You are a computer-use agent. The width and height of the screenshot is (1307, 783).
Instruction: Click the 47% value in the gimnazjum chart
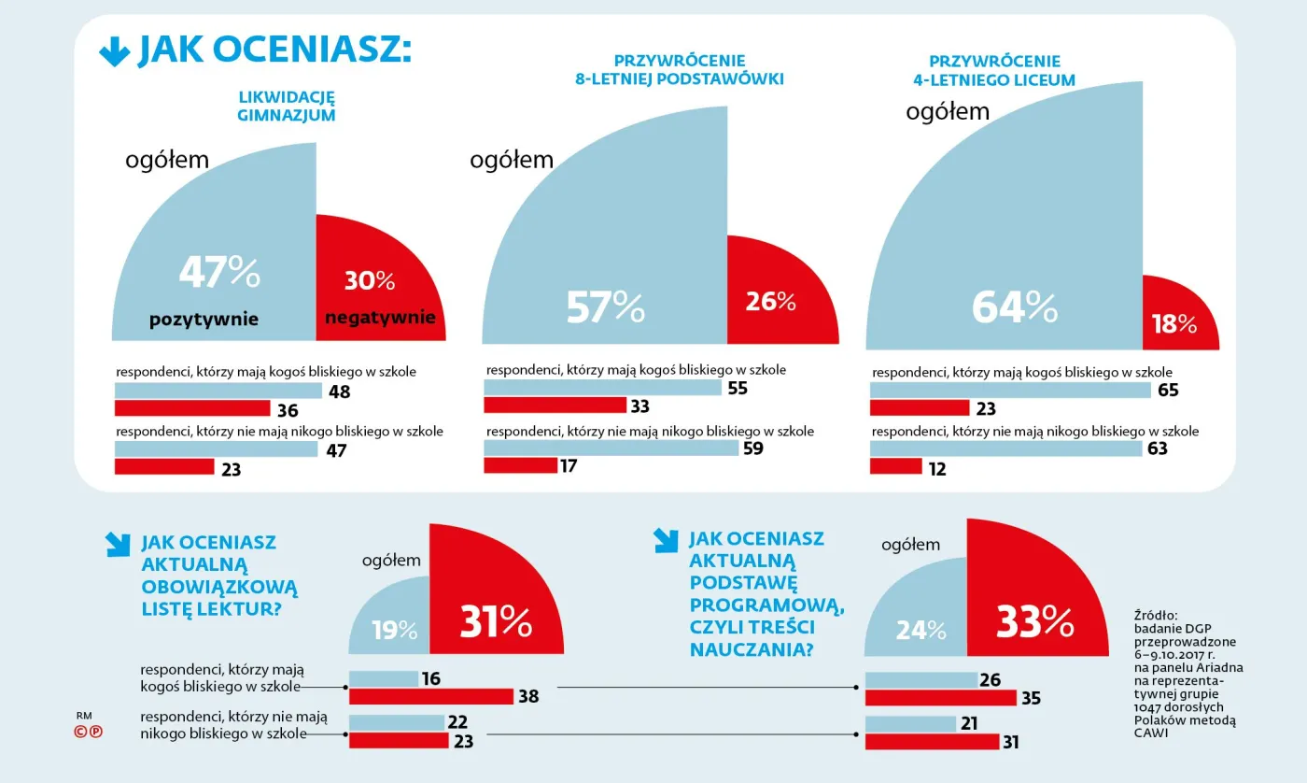[219, 273]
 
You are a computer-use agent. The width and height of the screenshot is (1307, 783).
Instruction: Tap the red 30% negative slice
[370, 280]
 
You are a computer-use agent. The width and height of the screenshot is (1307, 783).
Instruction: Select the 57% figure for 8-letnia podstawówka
[606, 306]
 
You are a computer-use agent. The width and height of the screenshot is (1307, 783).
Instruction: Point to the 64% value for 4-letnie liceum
[1014, 306]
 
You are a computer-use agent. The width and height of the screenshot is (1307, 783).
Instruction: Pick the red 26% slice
[770, 302]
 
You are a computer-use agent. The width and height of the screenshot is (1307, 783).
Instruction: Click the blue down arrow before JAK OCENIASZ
[114, 52]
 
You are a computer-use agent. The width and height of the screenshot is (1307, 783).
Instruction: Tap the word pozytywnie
[204, 320]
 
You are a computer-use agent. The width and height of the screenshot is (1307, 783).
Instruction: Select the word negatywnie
[380, 318]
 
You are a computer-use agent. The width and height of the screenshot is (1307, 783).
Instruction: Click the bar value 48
[339, 391]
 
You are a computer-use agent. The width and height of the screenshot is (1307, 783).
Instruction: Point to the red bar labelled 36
[192, 408]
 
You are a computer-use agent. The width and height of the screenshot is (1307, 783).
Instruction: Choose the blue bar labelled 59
[611, 448]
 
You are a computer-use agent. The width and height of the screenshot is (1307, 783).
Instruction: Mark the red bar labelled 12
[895, 466]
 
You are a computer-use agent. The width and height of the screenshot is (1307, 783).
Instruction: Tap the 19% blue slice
[395, 631]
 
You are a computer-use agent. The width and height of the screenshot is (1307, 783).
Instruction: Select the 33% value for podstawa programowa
[1034, 622]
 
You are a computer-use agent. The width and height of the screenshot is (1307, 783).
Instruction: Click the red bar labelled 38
[430, 696]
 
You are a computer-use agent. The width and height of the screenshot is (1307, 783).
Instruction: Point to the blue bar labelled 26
[921, 680]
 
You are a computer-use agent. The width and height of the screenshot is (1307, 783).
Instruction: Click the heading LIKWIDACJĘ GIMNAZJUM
[287, 107]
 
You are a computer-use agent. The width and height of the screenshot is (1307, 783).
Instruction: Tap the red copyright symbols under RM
[89, 733]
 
